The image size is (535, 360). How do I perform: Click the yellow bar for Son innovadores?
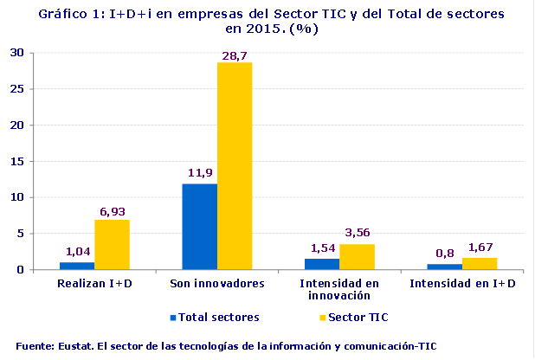point(235,166)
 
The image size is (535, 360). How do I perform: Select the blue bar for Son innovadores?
point(200,227)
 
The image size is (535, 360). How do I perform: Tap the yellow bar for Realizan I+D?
point(112,245)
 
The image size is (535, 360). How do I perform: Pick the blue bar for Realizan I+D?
point(77,266)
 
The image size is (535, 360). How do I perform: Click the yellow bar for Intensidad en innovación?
point(357,257)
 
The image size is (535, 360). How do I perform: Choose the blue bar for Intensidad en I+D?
point(445,267)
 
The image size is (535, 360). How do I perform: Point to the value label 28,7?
point(235,55)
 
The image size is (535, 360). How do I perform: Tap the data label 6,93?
point(113,211)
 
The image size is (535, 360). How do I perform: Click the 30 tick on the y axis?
point(17,52)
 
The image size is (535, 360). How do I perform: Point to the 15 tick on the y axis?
point(17,161)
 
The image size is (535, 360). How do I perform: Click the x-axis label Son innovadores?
point(216,283)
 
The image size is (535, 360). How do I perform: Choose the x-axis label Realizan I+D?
point(94,283)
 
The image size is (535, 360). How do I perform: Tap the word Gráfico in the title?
point(62,15)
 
